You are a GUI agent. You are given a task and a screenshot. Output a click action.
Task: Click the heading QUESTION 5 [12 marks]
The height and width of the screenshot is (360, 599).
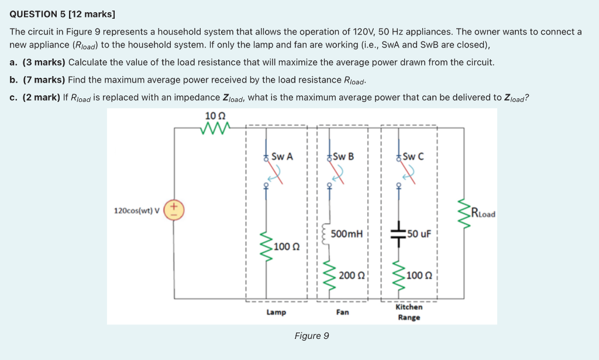[x=63, y=13]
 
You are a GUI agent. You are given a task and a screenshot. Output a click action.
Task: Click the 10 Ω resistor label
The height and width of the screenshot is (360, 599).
[x=212, y=115]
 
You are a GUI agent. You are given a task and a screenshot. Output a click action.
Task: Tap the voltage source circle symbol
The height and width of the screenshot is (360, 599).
[x=174, y=210]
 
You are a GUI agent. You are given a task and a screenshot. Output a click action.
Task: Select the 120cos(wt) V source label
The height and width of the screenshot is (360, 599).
[x=137, y=211]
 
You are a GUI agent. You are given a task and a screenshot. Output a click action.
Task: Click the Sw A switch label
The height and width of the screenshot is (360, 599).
[x=282, y=157]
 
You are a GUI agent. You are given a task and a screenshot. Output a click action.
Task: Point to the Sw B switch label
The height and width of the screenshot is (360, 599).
[x=343, y=157]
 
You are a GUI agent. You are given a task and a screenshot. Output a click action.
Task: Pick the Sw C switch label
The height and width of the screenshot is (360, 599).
[x=413, y=157]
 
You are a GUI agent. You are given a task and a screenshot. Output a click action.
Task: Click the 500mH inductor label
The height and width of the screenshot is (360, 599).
[x=346, y=234]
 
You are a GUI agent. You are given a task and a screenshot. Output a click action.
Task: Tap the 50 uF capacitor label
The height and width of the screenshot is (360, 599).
[x=418, y=234]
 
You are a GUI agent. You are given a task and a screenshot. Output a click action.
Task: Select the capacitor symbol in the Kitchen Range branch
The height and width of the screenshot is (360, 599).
[x=399, y=234]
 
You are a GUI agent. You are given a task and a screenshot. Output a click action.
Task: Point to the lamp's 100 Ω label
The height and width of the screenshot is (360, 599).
[x=287, y=246]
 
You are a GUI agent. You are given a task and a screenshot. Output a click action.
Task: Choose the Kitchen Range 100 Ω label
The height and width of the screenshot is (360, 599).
[x=419, y=275]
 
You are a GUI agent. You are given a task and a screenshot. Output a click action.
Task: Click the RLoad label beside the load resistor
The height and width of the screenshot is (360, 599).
[x=483, y=213]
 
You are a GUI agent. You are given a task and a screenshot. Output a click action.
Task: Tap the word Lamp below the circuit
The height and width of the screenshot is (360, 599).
[x=276, y=313]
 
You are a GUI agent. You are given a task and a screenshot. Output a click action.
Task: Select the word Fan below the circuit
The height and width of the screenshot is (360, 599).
[x=343, y=313]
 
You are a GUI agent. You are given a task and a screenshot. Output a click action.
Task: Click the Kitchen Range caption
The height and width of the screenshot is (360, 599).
[x=409, y=312]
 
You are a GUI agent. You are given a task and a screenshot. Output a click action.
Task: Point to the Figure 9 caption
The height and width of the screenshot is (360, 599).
[x=312, y=336]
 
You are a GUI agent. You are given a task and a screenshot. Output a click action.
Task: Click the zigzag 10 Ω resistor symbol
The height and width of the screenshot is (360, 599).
[x=215, y=127]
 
